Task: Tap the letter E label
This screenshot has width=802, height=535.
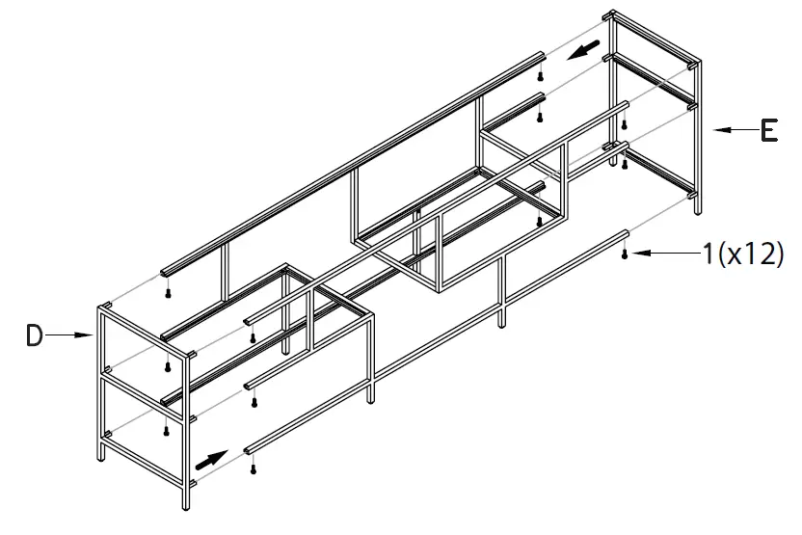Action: point(768,129)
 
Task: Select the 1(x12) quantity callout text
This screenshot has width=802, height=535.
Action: point(742,254)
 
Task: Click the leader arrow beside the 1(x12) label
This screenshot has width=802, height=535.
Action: point(664,254)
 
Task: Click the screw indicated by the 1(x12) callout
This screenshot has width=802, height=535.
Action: point(627,254)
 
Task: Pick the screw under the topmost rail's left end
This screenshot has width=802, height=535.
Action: point(169,291)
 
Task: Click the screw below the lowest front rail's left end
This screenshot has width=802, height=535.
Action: point(253,469)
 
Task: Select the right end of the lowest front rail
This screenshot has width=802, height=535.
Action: point(626,233)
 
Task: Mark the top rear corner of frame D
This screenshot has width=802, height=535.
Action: point(106,308)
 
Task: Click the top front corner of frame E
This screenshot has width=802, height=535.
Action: point(695,66)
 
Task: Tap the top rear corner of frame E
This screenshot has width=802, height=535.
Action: point(610,15)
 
